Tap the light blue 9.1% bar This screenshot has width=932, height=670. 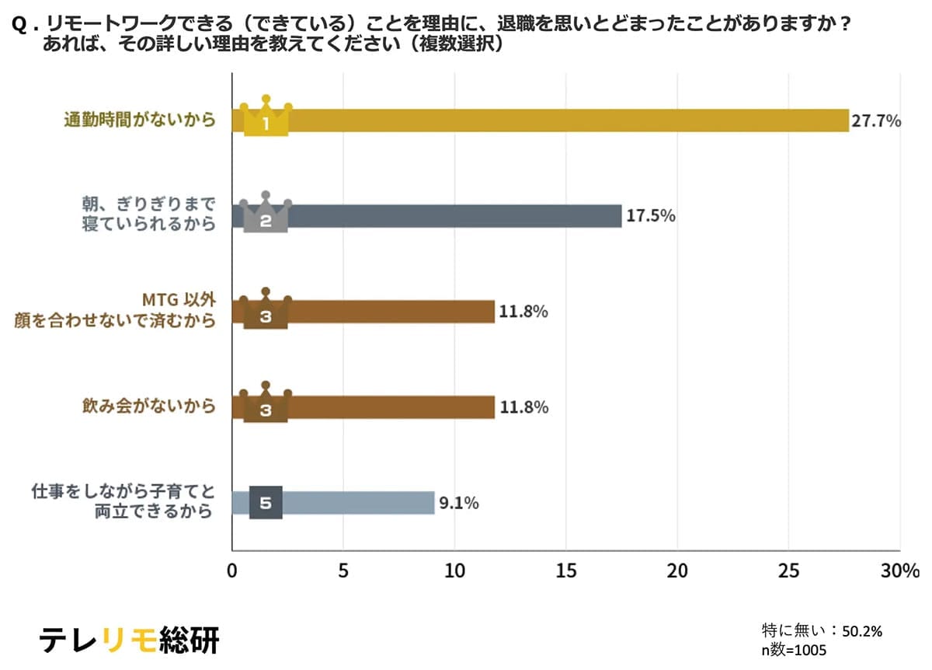357,502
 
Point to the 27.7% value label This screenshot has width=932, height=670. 876,120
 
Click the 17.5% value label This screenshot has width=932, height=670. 650,216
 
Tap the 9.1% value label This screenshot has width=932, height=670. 458,503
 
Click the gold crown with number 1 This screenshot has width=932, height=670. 266,117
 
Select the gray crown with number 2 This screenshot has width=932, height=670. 266,214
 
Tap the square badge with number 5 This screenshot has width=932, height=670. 266,503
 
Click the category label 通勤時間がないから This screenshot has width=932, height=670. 139,120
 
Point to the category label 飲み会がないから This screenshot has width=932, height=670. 148,407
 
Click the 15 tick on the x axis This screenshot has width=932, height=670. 566,571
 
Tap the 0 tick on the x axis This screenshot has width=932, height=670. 231,571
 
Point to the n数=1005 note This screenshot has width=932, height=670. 794,650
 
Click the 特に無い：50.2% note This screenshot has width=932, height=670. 822,631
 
